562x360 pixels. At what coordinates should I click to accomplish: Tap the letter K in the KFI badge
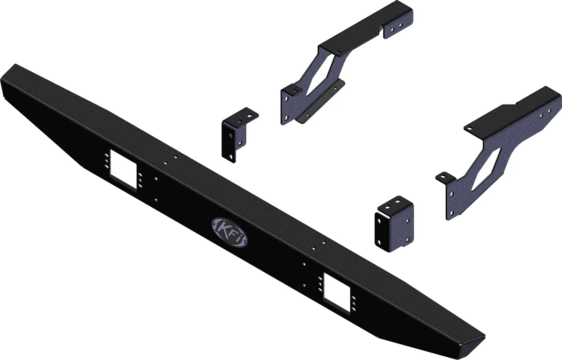[223, 228]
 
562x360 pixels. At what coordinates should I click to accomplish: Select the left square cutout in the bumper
[123, 169]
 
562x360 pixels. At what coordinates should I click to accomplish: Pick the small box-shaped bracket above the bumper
[394, 224]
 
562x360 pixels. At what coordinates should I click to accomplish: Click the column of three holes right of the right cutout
[354, 300]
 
